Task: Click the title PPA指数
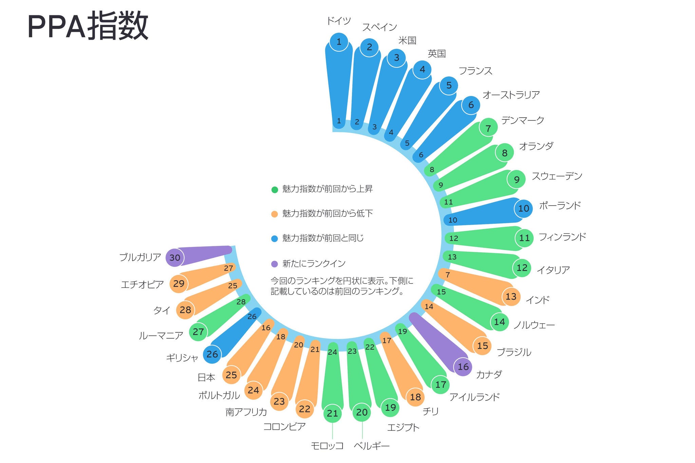[88, 26]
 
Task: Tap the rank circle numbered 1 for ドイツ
[339, 42]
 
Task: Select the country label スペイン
[379, 27]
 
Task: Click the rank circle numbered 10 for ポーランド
[523, 208]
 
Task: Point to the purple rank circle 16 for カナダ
[463, 367]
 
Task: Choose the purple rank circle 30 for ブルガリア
[175, 257]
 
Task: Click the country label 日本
[206, 377]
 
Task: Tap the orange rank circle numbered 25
[231, 375]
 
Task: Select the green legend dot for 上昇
[275, 190]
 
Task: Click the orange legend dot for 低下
[275, 214]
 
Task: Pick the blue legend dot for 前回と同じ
[275, 239]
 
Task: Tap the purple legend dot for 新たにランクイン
[275, 264]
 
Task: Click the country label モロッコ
[327, 446]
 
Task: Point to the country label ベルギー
[372, 446]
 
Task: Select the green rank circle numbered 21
[332, 413]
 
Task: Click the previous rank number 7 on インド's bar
[448, 275]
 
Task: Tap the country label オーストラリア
[511, 95]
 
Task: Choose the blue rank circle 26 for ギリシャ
[212, 354]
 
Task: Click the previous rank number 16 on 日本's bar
[266, 328]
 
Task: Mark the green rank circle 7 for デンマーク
[488, 129]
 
